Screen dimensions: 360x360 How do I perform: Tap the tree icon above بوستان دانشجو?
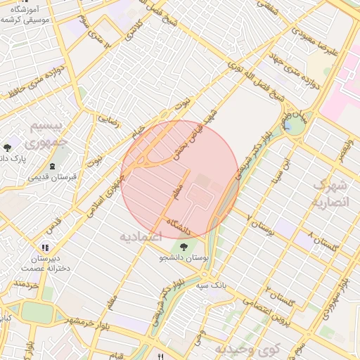pyautogui.click(x=184, y=247)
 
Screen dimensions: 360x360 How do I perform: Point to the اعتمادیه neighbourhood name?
pyautogui.click(x=141, y=237)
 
